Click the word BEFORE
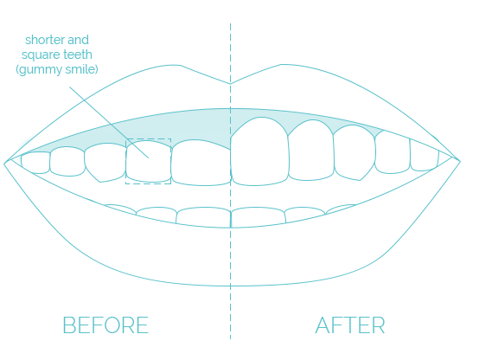tap(105, 325)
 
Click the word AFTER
tap(350, 325)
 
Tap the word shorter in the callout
tap(45, 40)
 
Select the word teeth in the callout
tap(79, 55)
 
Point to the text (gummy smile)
tap(57, 69)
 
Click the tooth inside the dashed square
tap(149, 161)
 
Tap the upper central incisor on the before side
tap(201, 163)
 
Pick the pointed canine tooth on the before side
tap(105, 162)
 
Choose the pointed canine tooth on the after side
tap(355, 152)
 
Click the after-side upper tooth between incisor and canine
tap(310, 151)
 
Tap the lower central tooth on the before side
tap(203, 216)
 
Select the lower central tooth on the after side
tap(258, 216)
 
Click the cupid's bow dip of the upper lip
tap(230, 84)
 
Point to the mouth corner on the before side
tap(4, 164)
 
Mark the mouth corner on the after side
tap(460, 162)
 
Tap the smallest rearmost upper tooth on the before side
tap(35, 163)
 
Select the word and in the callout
tap(79, 40)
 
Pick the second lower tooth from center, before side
tap(157, 215)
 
